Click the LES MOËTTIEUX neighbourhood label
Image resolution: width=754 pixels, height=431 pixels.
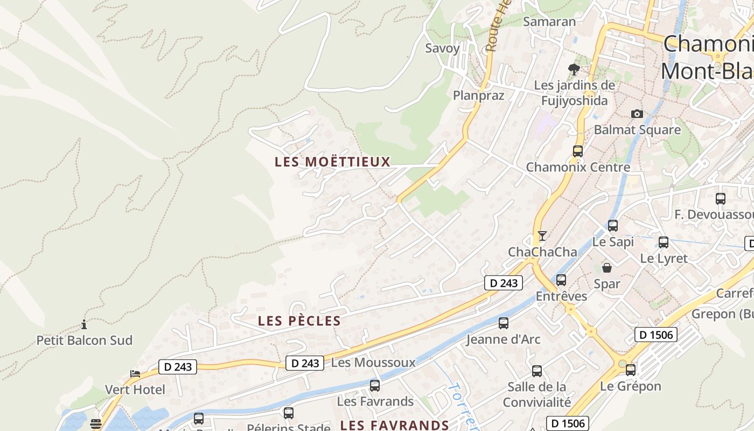pos(332,162)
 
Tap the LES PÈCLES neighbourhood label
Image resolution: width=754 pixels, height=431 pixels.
pos(299,321)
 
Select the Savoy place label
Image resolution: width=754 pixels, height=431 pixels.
pos(443,48)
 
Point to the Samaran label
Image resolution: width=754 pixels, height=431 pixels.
pos(549,22)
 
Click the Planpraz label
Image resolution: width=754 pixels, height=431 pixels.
pos(478,95)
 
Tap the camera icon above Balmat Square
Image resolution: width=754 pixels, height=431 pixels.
pos(637,114)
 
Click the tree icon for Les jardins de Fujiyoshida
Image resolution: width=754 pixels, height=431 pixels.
pos(574,69)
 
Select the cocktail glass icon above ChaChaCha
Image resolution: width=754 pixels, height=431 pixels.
pos(542,236)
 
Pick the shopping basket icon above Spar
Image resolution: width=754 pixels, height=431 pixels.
pos(607,268)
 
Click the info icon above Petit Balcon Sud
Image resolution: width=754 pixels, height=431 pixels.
pos(84,324)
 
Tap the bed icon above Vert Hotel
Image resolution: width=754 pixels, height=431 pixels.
pos(135,373)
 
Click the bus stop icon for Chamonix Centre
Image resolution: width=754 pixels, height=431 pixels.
pos(578,151)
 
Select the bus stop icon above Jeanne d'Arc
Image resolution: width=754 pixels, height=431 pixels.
pos(504,323)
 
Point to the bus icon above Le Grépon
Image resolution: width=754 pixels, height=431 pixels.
pos(631,370)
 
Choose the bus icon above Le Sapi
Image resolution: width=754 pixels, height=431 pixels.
pos(613,226)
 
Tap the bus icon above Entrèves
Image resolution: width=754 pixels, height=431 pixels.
pos(561,280)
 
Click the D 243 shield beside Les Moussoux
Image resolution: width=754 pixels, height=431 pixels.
pos(304,363)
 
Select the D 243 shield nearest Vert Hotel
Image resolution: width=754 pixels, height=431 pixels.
pos(178,367)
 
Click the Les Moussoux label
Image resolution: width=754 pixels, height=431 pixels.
pos(373,363)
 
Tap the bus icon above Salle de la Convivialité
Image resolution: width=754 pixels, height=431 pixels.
pos(537,371)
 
